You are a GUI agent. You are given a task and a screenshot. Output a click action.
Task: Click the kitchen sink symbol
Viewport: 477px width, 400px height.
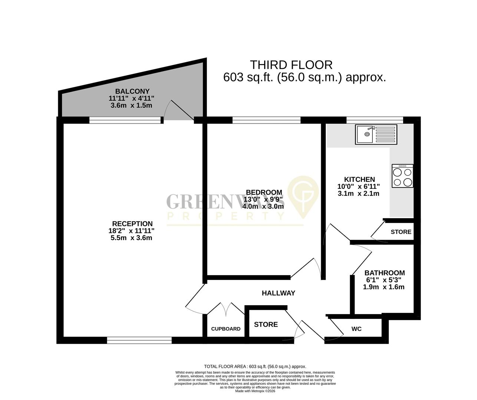(x=376, y=134)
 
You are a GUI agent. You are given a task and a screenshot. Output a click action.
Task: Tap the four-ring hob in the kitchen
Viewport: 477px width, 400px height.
(x=402, y=177)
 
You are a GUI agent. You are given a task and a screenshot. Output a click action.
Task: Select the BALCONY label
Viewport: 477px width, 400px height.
(x=132, y=91)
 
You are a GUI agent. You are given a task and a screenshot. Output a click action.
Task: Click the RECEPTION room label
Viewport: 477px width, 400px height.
(x=132, y=224)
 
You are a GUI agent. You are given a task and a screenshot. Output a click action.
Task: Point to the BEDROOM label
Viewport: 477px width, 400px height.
(x=264, y=192)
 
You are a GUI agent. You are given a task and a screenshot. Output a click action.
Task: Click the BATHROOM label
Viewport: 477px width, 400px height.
(x=384, y=273)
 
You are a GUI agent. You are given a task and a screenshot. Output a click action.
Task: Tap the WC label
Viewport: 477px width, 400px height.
(x=356, y=329)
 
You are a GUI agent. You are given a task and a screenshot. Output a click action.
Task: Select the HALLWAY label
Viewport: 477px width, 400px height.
(x=278, y=293)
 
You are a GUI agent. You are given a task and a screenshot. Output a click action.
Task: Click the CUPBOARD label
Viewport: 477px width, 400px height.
(x=226, y=329)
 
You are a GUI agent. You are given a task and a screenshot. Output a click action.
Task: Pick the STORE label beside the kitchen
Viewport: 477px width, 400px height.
(x=401, y=232)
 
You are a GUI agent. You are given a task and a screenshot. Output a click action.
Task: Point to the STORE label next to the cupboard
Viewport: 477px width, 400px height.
(x=266, y=324)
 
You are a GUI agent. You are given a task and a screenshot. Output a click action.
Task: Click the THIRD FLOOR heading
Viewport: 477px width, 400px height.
(x=291, y=65)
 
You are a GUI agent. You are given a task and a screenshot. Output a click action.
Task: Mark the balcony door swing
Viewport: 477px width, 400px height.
(x=179, y=110)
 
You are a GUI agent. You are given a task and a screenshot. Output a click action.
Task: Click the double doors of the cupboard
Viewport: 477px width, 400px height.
(x=226, y=309)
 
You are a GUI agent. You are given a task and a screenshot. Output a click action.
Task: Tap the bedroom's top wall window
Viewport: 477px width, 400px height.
(x=266, y=120)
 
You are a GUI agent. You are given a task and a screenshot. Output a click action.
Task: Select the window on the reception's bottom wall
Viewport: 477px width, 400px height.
(x=139, y=340)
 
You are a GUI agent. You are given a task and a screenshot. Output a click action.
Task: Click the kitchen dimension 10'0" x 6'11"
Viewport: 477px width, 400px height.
(x=359, y=186)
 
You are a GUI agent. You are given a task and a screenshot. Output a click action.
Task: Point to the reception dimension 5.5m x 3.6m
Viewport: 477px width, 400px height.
(x=132, y=238)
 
